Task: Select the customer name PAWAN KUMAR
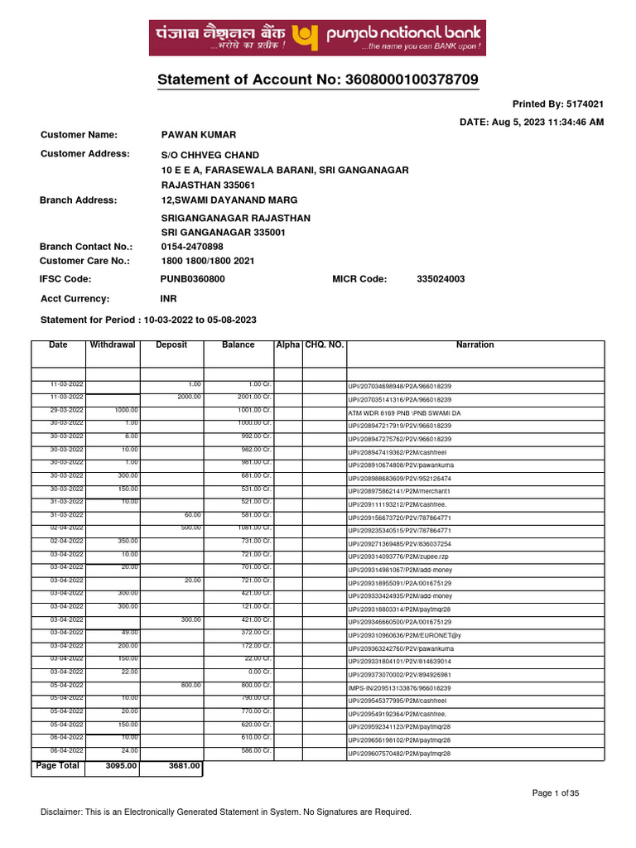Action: pyautogui.click(x=198, y=134)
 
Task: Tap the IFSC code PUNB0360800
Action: pyautogui.click(x=192, y=279)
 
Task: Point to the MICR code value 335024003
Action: pyautogui.click(x=441, y=279)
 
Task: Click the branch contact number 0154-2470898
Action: pyautogui.click(x=191, y=247)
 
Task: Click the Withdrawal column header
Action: pyautogui.click(x=113, y=344)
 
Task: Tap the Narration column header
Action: pyautogui.click(x=475, y=344)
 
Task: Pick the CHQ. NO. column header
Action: pyautogui.click(x=324, y=344)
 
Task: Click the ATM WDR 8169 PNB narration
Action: pyautogui.click(x=404, y=412)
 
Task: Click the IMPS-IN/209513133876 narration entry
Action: pyautogui.click(x=398, y=688)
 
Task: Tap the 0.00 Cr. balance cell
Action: pyautogui.click(x=248, y=672)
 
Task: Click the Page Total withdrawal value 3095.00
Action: pyautogui.click(x=122, y=766)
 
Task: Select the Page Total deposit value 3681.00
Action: pyautogui.click(x=184, y=766)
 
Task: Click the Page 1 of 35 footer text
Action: pyautogui.click(x=556, y=793)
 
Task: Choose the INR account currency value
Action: pyautogui.click(x=168, y=299)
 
